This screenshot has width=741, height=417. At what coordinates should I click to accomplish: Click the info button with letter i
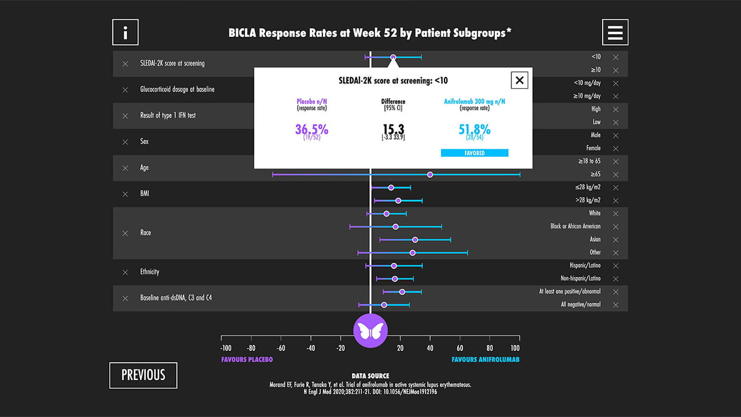coord(126,32)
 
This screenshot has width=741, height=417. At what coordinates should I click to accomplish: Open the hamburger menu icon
coord(615,32)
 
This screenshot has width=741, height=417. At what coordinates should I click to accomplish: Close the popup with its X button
coord(519,80)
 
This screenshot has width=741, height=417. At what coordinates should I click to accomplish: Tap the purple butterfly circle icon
coord(370,331)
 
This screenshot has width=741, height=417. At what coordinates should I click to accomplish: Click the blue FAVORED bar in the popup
coord(474,153)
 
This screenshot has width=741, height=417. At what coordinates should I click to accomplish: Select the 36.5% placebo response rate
coord(311,129)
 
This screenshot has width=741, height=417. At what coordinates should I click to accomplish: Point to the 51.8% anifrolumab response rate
coord(474,129)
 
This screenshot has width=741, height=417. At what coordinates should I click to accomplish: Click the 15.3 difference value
coord(393,129)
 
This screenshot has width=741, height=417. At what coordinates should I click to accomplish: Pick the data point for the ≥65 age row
coord(430,174)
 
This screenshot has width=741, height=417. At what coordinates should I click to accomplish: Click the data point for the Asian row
coord(415,240)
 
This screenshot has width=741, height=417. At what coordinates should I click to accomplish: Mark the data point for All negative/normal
coord(384,305)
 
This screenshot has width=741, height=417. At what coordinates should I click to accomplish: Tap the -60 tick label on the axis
coord(281,348)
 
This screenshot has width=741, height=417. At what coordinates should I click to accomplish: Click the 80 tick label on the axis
coord(490,348)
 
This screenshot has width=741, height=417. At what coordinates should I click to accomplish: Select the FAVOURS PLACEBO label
coord(247,360)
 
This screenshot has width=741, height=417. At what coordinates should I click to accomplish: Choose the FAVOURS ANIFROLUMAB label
coord(486,360)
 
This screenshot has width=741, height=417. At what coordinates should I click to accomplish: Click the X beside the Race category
coord(125,233)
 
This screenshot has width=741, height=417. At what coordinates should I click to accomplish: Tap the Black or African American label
coord(575,226)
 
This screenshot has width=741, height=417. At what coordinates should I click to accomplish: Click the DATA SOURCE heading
coord(370,376)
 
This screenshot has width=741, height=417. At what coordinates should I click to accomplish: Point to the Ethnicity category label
coord(149,272)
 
